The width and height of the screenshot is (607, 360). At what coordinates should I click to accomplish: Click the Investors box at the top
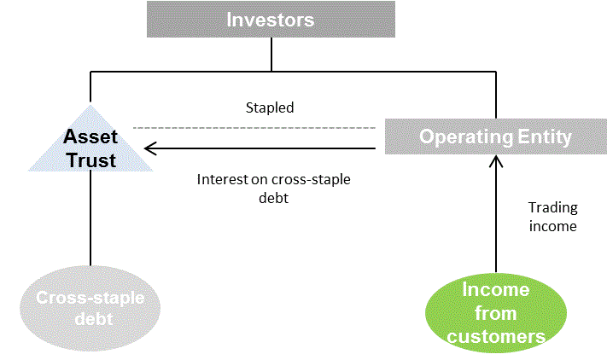coord(271,20)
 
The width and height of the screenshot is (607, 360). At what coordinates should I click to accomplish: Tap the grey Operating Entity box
coord(496,136)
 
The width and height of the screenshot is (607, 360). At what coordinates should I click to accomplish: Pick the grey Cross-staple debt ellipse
coord(90,308)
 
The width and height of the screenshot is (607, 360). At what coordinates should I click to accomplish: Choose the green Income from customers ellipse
coord(496,313)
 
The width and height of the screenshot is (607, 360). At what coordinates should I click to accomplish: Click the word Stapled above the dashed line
coord(270,107)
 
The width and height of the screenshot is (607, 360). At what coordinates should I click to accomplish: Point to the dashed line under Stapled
coord(254,128)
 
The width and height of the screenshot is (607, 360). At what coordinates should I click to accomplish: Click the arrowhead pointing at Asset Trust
coord(150,148)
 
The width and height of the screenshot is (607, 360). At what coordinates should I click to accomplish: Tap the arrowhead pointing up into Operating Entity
coord(496,161)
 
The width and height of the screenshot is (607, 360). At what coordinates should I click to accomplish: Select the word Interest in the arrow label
coord(223,179)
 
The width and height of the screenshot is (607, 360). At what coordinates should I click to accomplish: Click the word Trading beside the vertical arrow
coord(553,207)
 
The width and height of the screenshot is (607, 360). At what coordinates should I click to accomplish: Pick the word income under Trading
coord(553,226)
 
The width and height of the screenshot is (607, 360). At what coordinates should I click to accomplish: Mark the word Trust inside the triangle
coord(91,160)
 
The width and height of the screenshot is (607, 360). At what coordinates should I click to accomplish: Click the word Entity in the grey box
coord(545,136)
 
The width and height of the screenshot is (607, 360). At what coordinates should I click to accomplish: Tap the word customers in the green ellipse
coord(496,336)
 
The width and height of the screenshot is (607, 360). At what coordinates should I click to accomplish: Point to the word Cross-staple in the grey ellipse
coord(90,298)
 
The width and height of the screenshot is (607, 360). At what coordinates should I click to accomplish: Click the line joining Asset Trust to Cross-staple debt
coord(90,218)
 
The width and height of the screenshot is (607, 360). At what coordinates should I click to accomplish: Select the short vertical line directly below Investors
coord(271,54)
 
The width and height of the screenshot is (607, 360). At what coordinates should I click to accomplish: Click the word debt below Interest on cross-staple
coord(274,198)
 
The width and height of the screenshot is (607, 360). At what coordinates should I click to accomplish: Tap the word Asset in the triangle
coord(90,136)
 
